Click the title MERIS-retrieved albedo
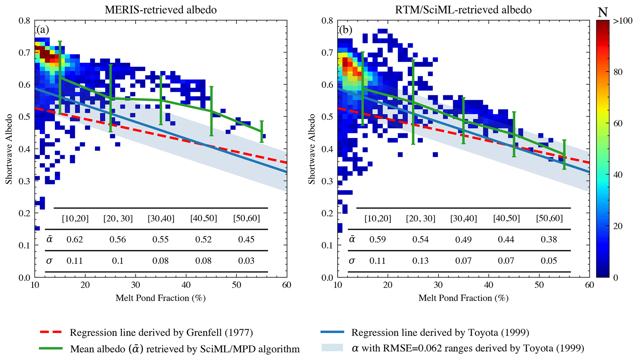[x=161, y=10]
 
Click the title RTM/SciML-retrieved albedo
[x=463, y=10]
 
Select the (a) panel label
[x=43, y=30]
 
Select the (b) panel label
[x=345, y=30]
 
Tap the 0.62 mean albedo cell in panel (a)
[x=75, y=239]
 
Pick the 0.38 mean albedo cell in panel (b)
[x=549, y=239]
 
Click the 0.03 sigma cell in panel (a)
[x=246, y=261]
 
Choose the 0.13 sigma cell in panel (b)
[x=420, y=261]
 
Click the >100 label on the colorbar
[x=623, y=21]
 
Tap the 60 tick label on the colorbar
[x=617, y=123]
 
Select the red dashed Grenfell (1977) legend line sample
[x=51, y=332]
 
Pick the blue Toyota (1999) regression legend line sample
[x=332, y=332]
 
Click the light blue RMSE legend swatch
[x=332, y=348]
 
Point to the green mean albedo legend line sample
[x=51, y=348]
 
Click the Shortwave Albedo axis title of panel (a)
[x=9, y=149]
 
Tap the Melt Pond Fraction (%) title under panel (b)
[x=463, y=298]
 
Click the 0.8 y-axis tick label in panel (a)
[x=24, y=21]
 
